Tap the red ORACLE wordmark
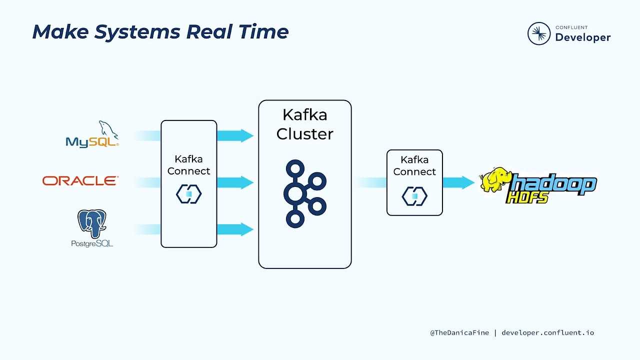(x=80, y=180)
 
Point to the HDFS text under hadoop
(x=527, y=197)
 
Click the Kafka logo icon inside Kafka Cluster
(x=304, y=193)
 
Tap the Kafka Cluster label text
(x=304, y=124)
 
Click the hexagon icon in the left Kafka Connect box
(x=188, y=194)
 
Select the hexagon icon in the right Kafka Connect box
(x=414, y=196)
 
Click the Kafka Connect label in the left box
(x=188, y=165)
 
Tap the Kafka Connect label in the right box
(x=414, y=165)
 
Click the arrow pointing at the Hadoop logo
(x=459, y=182)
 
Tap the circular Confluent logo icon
(x=539, y=33)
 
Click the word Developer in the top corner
(x=582, y=37)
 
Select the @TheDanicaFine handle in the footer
(x=459, y=332)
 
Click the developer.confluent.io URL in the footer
(x=547, y=332)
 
